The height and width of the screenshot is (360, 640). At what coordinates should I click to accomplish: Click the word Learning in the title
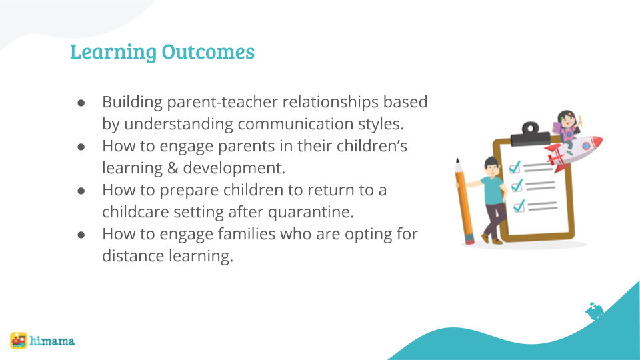click(x=113, y=52)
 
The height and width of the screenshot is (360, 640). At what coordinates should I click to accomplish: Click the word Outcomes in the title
click(x=208, y=51)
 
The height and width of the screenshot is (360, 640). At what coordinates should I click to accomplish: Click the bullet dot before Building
click(x=81, y=103)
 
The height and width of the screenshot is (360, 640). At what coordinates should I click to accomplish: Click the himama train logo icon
click(x=19, y=341)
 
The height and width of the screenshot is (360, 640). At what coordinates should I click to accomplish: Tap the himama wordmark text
click(x=52, y=341)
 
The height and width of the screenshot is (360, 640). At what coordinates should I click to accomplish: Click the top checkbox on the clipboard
click(x=515, y=167)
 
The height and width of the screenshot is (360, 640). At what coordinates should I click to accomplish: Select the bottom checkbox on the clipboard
click(x=519, y=206)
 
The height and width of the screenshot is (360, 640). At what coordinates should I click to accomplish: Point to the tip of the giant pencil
click(x=457, y=159)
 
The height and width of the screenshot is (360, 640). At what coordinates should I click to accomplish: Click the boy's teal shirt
click(x=493, y=190)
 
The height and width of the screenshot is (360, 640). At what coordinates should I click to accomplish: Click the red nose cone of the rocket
click(x=596, y=142)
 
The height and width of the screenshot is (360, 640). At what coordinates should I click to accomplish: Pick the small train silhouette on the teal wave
click(x=595, y=311)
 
